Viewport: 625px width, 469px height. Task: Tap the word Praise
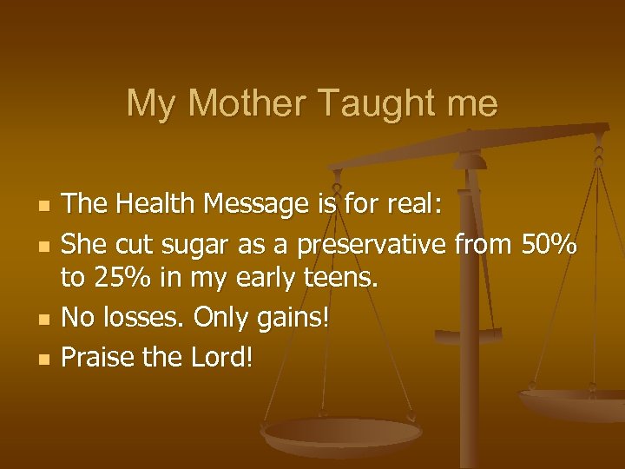coord(98,356)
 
